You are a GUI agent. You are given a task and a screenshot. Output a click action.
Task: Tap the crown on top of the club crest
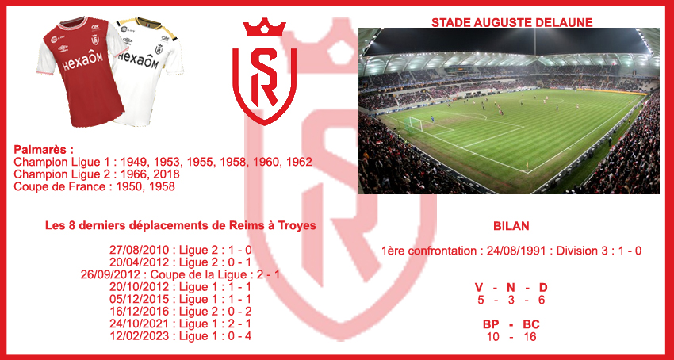click(x=264, y=28)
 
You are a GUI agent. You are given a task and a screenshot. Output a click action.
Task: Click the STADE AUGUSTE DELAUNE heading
click(x=512, y=22)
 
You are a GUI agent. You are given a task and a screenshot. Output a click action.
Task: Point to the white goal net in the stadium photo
click(x=416, y=124)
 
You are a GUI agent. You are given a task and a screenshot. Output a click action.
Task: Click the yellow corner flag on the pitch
click(x=527, y=165)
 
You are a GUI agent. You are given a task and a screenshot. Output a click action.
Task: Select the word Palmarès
click(x=40, y=150)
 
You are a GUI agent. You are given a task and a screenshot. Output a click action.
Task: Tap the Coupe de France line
click(x=94, y=186)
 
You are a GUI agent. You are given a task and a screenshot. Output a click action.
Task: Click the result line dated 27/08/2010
click(x=181, y=250)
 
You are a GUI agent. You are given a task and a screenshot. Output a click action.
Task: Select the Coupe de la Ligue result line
click(x=181, y=274)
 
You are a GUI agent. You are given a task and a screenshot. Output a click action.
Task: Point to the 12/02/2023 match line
click(x=181, y=336)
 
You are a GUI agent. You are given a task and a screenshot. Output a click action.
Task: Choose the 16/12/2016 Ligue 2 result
click(x=181, y=312)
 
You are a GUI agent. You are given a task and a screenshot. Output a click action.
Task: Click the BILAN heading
click(x=511, y=226)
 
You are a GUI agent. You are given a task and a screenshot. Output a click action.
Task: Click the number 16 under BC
click(x=530, y=337)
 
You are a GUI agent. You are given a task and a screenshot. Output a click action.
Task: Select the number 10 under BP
click(x=492, y=337)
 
